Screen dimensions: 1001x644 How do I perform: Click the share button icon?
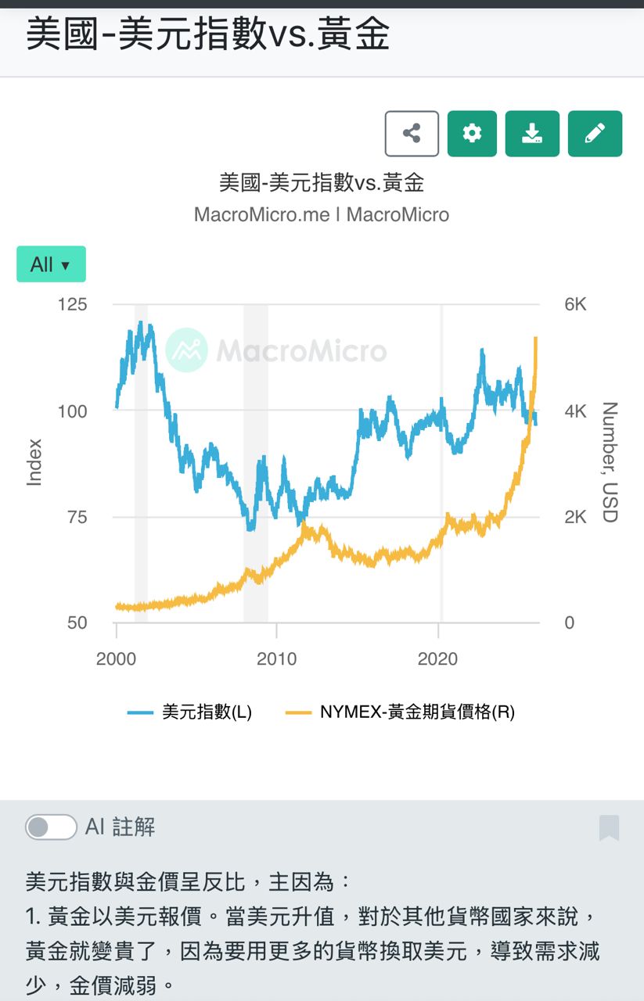(412, 134)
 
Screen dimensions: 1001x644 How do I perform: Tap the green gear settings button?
(472, 134)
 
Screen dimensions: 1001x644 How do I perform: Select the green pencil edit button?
(595, 134)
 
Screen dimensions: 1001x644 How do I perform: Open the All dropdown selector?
(51, 264)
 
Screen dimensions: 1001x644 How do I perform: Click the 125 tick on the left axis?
(72, 304)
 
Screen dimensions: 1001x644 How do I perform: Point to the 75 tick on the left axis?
(72, 517)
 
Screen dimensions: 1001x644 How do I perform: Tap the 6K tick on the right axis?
(575, 304)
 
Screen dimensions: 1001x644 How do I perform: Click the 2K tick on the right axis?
(575, 517)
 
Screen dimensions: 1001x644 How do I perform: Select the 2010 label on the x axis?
(276, 658)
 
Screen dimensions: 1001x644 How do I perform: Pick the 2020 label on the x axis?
(438, 658)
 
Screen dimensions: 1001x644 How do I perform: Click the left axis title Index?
(34, 462)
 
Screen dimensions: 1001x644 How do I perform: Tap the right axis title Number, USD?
(610, 462)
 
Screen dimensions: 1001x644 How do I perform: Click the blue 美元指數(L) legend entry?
(190, 712)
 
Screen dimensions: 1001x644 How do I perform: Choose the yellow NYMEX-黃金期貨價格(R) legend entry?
(400, 712)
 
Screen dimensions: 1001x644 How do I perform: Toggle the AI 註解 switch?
(51, 827)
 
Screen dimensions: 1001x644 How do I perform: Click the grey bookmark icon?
(609, 827)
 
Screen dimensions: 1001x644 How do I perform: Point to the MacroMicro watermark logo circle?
(186, 350)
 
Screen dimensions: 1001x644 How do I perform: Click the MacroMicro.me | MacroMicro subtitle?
(322, 214)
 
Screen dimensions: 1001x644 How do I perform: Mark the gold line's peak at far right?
(536, 338)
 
